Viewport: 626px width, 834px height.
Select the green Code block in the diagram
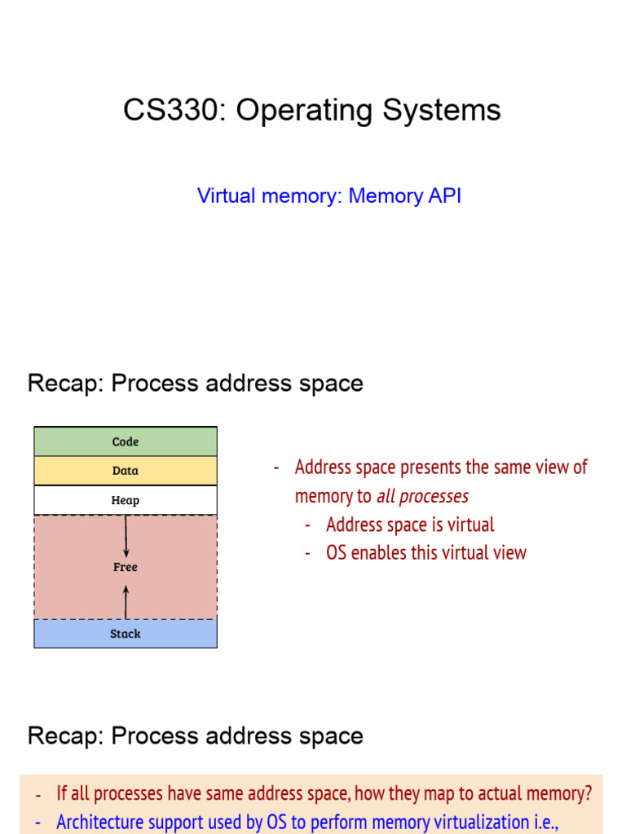point(126,441)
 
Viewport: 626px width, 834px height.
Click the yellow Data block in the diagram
point(126,471)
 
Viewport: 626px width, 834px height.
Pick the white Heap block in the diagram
point(126,500)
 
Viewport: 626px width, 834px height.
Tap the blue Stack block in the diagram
point(126,634)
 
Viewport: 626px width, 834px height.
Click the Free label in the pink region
point(126,567)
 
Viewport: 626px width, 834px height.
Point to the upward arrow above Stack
point(126,604)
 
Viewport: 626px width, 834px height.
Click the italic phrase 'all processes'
point(421,496)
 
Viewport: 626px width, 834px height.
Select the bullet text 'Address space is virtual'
point(410,525)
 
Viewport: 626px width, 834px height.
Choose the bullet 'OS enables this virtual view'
point(426,552)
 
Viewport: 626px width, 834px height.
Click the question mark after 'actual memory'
point(588,793)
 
